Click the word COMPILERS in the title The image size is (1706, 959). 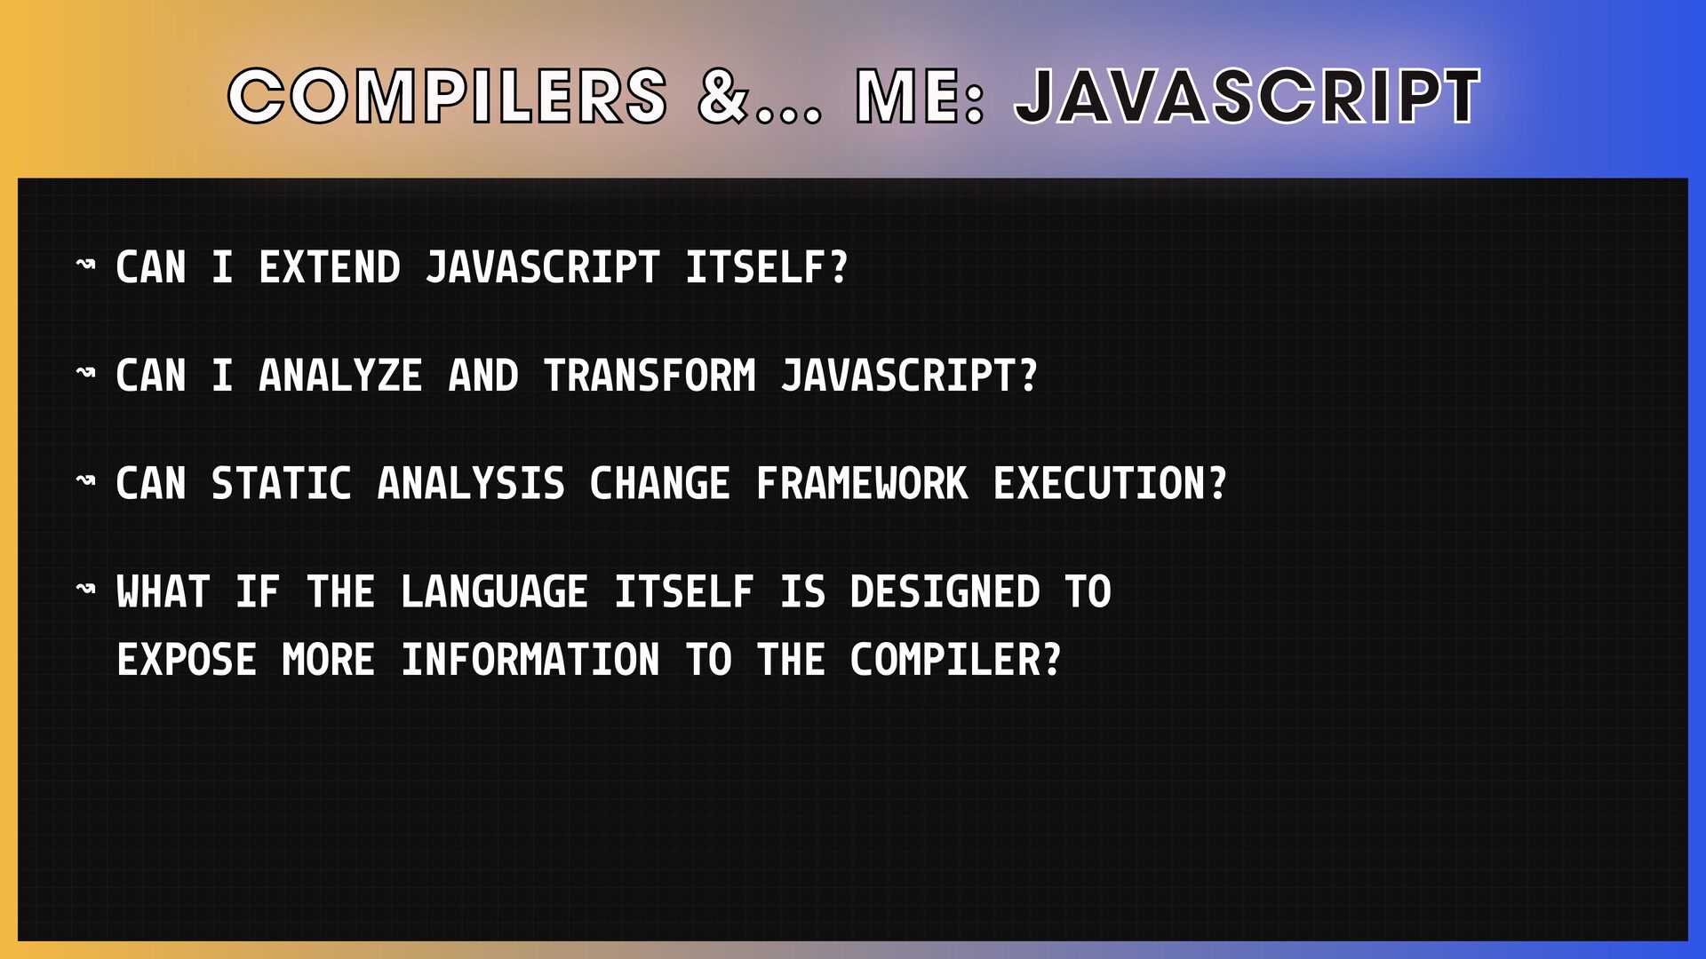click(448, 96)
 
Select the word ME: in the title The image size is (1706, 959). click(921, 96)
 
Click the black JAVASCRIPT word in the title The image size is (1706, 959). click(1248, 96)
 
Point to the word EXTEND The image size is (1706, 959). click(330, 267)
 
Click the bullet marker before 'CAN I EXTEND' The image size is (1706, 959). click(85, 264)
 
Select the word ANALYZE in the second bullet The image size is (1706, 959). click(340, 376)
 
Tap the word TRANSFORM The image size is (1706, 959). click(650, 376)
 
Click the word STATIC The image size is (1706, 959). click(282, 484)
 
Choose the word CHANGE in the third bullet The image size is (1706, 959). click(660, 484)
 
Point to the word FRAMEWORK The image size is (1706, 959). click(862, 484)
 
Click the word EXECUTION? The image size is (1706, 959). click(1110, 484)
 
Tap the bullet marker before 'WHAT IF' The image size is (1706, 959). click(85, 588)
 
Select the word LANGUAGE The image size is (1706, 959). click(495, 592)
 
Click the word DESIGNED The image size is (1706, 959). click(945, 592)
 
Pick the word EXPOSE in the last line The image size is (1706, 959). click(187, 660)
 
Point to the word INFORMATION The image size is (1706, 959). click(530, 660)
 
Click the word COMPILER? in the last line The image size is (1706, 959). click(956, 660)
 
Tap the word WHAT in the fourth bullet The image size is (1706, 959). click(163, 592)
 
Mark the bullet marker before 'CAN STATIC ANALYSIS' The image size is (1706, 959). click(85, 479)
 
